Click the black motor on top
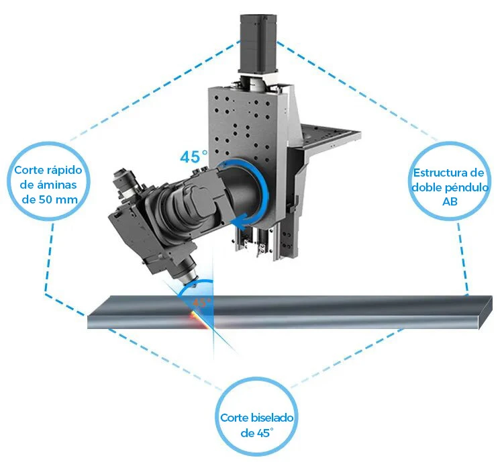tap(258, 43)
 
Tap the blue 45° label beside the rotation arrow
tap(194, 156)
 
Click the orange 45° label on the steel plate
tap(201, 301)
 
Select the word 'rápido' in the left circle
tap(65, 171)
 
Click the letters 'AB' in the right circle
tap(450, 201)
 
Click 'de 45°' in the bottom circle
tap(257, 433)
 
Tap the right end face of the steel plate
tap(485, 312)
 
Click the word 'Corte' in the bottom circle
tap(234, 418)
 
